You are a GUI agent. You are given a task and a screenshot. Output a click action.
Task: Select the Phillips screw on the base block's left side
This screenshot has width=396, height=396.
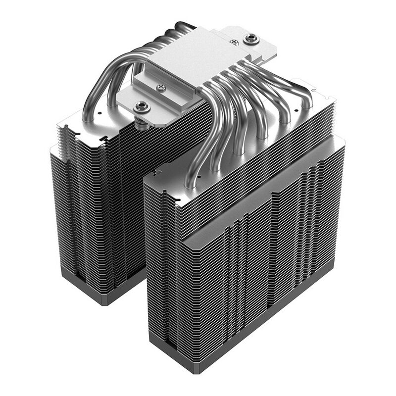tap(161, 88)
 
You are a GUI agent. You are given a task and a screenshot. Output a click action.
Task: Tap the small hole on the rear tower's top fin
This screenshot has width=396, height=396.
tap(99, 113)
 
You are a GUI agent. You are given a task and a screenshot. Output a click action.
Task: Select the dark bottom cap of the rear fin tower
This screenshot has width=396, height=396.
tap(94, 292)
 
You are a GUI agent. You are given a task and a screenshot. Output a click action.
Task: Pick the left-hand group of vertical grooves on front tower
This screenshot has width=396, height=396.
tap(235, 267)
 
